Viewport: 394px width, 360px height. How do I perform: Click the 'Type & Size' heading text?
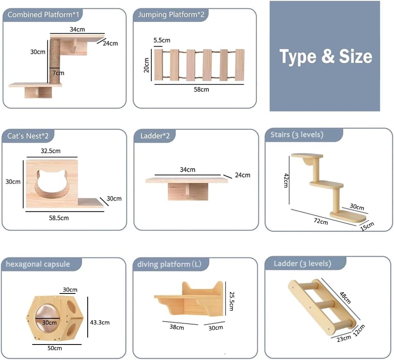[325, 56]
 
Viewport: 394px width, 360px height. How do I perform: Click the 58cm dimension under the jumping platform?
[201, 89]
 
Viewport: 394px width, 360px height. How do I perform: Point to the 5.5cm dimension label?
[162, 40]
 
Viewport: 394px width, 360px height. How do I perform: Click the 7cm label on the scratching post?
[58, 73]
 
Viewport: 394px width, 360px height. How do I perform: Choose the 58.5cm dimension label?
[59, 218]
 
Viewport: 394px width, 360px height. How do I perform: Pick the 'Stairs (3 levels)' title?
[297, 135]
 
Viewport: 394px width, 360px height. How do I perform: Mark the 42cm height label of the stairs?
[287, 180]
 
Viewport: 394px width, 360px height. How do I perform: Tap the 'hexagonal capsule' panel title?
[38, 264]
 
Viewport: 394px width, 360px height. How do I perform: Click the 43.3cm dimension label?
[100, 322]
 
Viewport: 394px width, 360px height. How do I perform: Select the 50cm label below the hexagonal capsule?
[54, 348]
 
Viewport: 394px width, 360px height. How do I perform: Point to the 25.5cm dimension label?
[231, 300]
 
